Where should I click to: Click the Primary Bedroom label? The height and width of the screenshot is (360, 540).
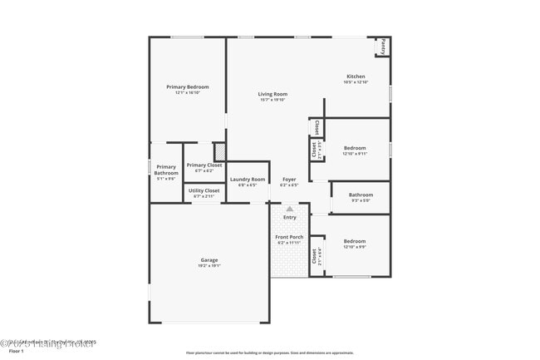tap(187, 86)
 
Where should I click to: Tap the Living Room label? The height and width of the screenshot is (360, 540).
tap(272, 94)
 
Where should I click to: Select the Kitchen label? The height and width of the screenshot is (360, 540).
tap(356, 76)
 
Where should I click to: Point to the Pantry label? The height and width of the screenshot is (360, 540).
tap(383, 47)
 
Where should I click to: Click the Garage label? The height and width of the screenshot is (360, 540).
tap(209, 260)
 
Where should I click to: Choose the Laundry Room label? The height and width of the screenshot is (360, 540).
tap(248, 179)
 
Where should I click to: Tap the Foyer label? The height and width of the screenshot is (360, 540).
tap(289, 179)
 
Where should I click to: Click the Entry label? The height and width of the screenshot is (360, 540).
tap(289, 217)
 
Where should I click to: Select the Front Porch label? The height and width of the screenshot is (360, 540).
tap(289, 237)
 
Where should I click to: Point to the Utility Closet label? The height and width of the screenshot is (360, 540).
tap(204, 190)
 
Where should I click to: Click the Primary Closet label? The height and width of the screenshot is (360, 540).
tap(204, 165)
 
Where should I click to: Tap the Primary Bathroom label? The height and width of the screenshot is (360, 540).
tap(166, 170)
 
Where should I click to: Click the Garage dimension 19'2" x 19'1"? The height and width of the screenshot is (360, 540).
tap(209, 266)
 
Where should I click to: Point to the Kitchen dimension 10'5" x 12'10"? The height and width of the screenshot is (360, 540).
tap(356, 82)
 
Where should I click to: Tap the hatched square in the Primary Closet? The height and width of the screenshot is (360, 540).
tap(220, 152)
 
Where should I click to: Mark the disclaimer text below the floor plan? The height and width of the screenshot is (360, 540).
tap(270, 353)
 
